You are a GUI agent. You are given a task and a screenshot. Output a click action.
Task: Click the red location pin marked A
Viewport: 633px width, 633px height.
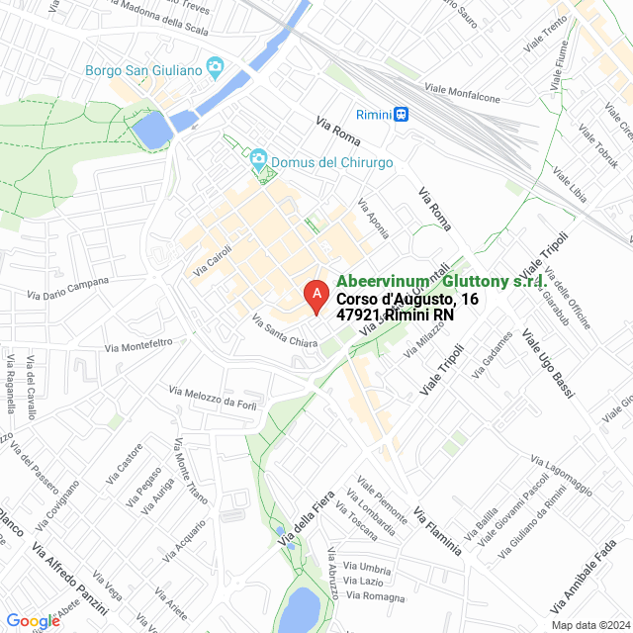tap(316, 296)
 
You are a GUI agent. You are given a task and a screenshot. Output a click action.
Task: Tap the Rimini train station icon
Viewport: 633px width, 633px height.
tap(402, 115)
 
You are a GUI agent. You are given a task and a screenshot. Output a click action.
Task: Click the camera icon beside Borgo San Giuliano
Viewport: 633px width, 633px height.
tap(214, 68)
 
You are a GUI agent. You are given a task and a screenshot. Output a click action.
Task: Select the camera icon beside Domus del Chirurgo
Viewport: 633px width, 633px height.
tap(257, 160)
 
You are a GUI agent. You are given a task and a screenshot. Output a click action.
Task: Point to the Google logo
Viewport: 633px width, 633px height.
tap(33, 620)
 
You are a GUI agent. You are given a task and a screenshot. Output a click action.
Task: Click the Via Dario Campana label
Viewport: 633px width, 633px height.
tap(68, 288)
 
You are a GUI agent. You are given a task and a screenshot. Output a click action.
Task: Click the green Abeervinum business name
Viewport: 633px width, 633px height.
tap(441, 282)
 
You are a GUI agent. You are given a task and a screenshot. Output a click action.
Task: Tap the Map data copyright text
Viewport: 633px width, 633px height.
tap(588, 624)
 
